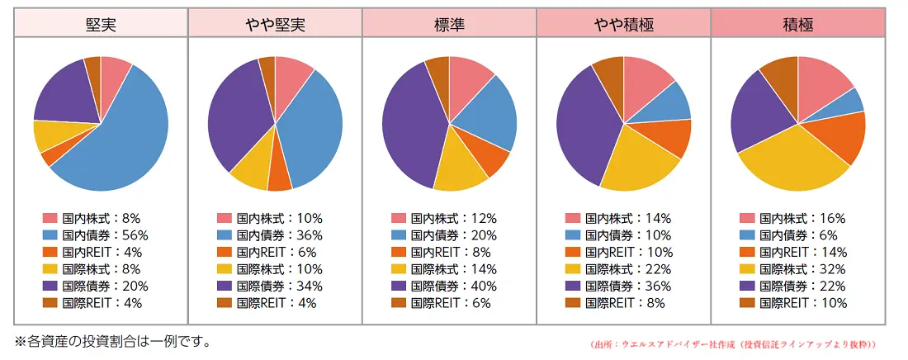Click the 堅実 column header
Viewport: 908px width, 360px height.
pos(101,25)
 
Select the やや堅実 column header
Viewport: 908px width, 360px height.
pos(275,25)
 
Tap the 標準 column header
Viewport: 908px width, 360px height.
pos(449,25)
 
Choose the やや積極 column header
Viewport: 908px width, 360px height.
pos(623,25)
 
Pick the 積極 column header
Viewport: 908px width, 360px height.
pos(797,25)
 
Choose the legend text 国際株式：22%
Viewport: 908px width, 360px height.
pos(624,269)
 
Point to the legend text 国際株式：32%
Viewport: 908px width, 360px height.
pos(798,269)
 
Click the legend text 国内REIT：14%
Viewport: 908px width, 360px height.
pos(798,253)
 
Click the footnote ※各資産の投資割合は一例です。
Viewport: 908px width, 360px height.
pos(111,341)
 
